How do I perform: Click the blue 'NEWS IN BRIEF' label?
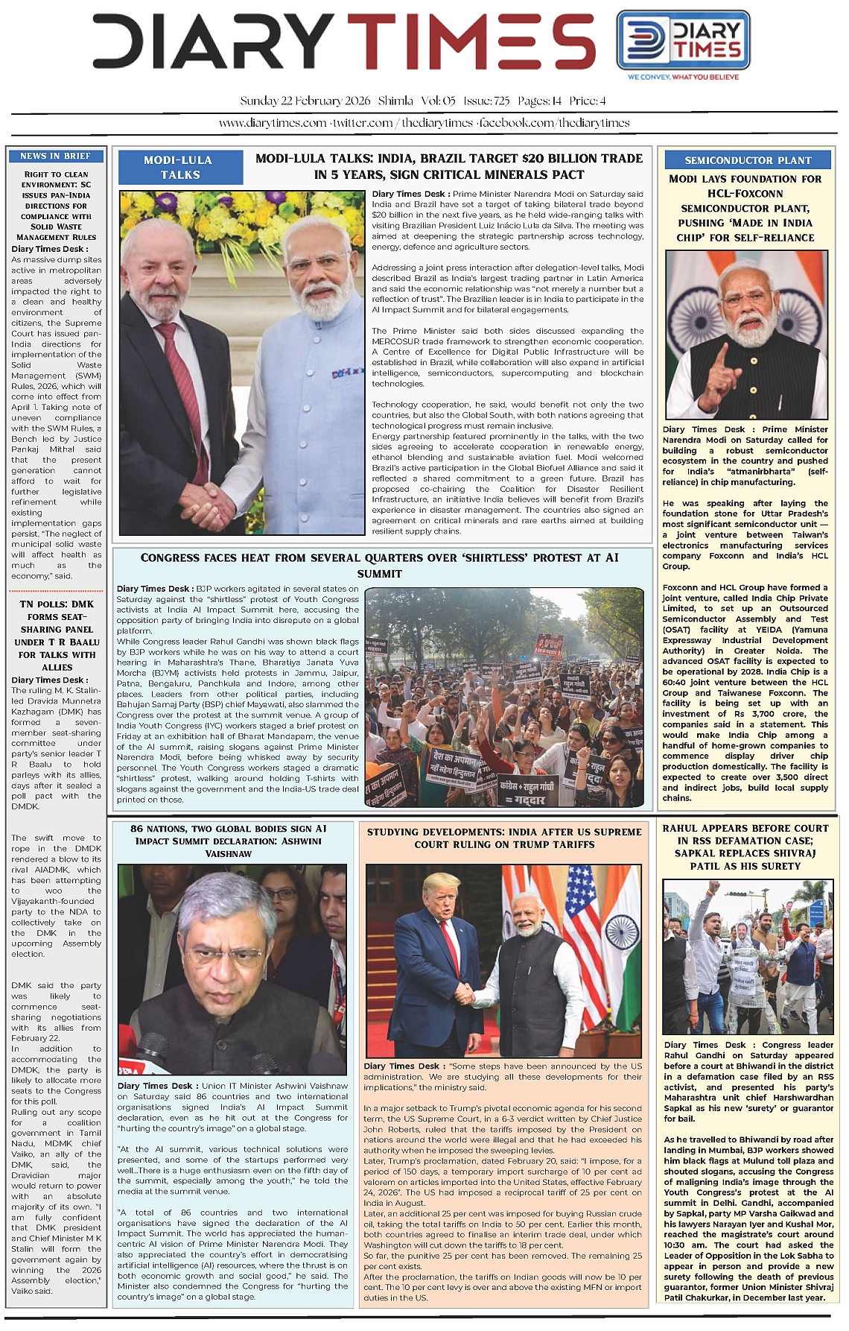coord(56,156)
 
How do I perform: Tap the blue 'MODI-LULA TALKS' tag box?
coord(179,168)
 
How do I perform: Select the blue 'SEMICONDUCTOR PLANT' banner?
coord(748,160)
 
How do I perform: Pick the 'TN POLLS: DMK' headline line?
coord(57,604)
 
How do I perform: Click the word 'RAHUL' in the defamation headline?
coord(680,828)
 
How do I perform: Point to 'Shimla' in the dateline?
coord(395,101)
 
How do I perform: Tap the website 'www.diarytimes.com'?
coord(273,123)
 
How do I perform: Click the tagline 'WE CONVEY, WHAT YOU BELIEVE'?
coord(683,77)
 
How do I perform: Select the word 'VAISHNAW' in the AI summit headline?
coord(229,853)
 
